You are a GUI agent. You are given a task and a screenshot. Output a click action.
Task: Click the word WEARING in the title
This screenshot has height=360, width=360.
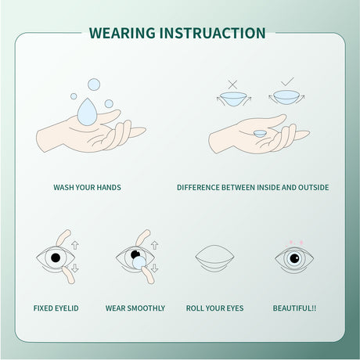coord(121,33)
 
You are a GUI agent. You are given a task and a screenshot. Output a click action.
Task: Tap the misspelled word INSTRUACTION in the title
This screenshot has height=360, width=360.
coord(212,33)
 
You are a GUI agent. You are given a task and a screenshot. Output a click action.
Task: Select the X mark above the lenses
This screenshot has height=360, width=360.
coord(232,83)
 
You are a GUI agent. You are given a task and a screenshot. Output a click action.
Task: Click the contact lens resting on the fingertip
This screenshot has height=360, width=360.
coord(259,132)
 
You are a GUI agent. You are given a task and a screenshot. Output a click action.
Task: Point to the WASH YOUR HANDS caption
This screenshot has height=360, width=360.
coord(87,188)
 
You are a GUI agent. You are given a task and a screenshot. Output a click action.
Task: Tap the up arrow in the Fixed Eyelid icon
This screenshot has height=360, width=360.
coord(75,245)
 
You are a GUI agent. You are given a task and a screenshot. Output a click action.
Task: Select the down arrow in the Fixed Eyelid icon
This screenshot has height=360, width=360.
coord(75,268)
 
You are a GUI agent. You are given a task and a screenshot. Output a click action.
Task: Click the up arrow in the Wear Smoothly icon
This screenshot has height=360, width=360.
coord(154,245)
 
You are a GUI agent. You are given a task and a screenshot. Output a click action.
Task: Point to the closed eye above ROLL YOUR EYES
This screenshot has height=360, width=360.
coord(214,258)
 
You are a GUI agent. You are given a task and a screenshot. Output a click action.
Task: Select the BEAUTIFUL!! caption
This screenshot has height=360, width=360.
coord(293,308)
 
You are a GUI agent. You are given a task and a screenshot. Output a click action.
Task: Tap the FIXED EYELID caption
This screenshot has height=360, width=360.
coord(56,308)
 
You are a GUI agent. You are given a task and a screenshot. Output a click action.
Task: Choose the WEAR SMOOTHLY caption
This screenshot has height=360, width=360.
coord(135,308)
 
